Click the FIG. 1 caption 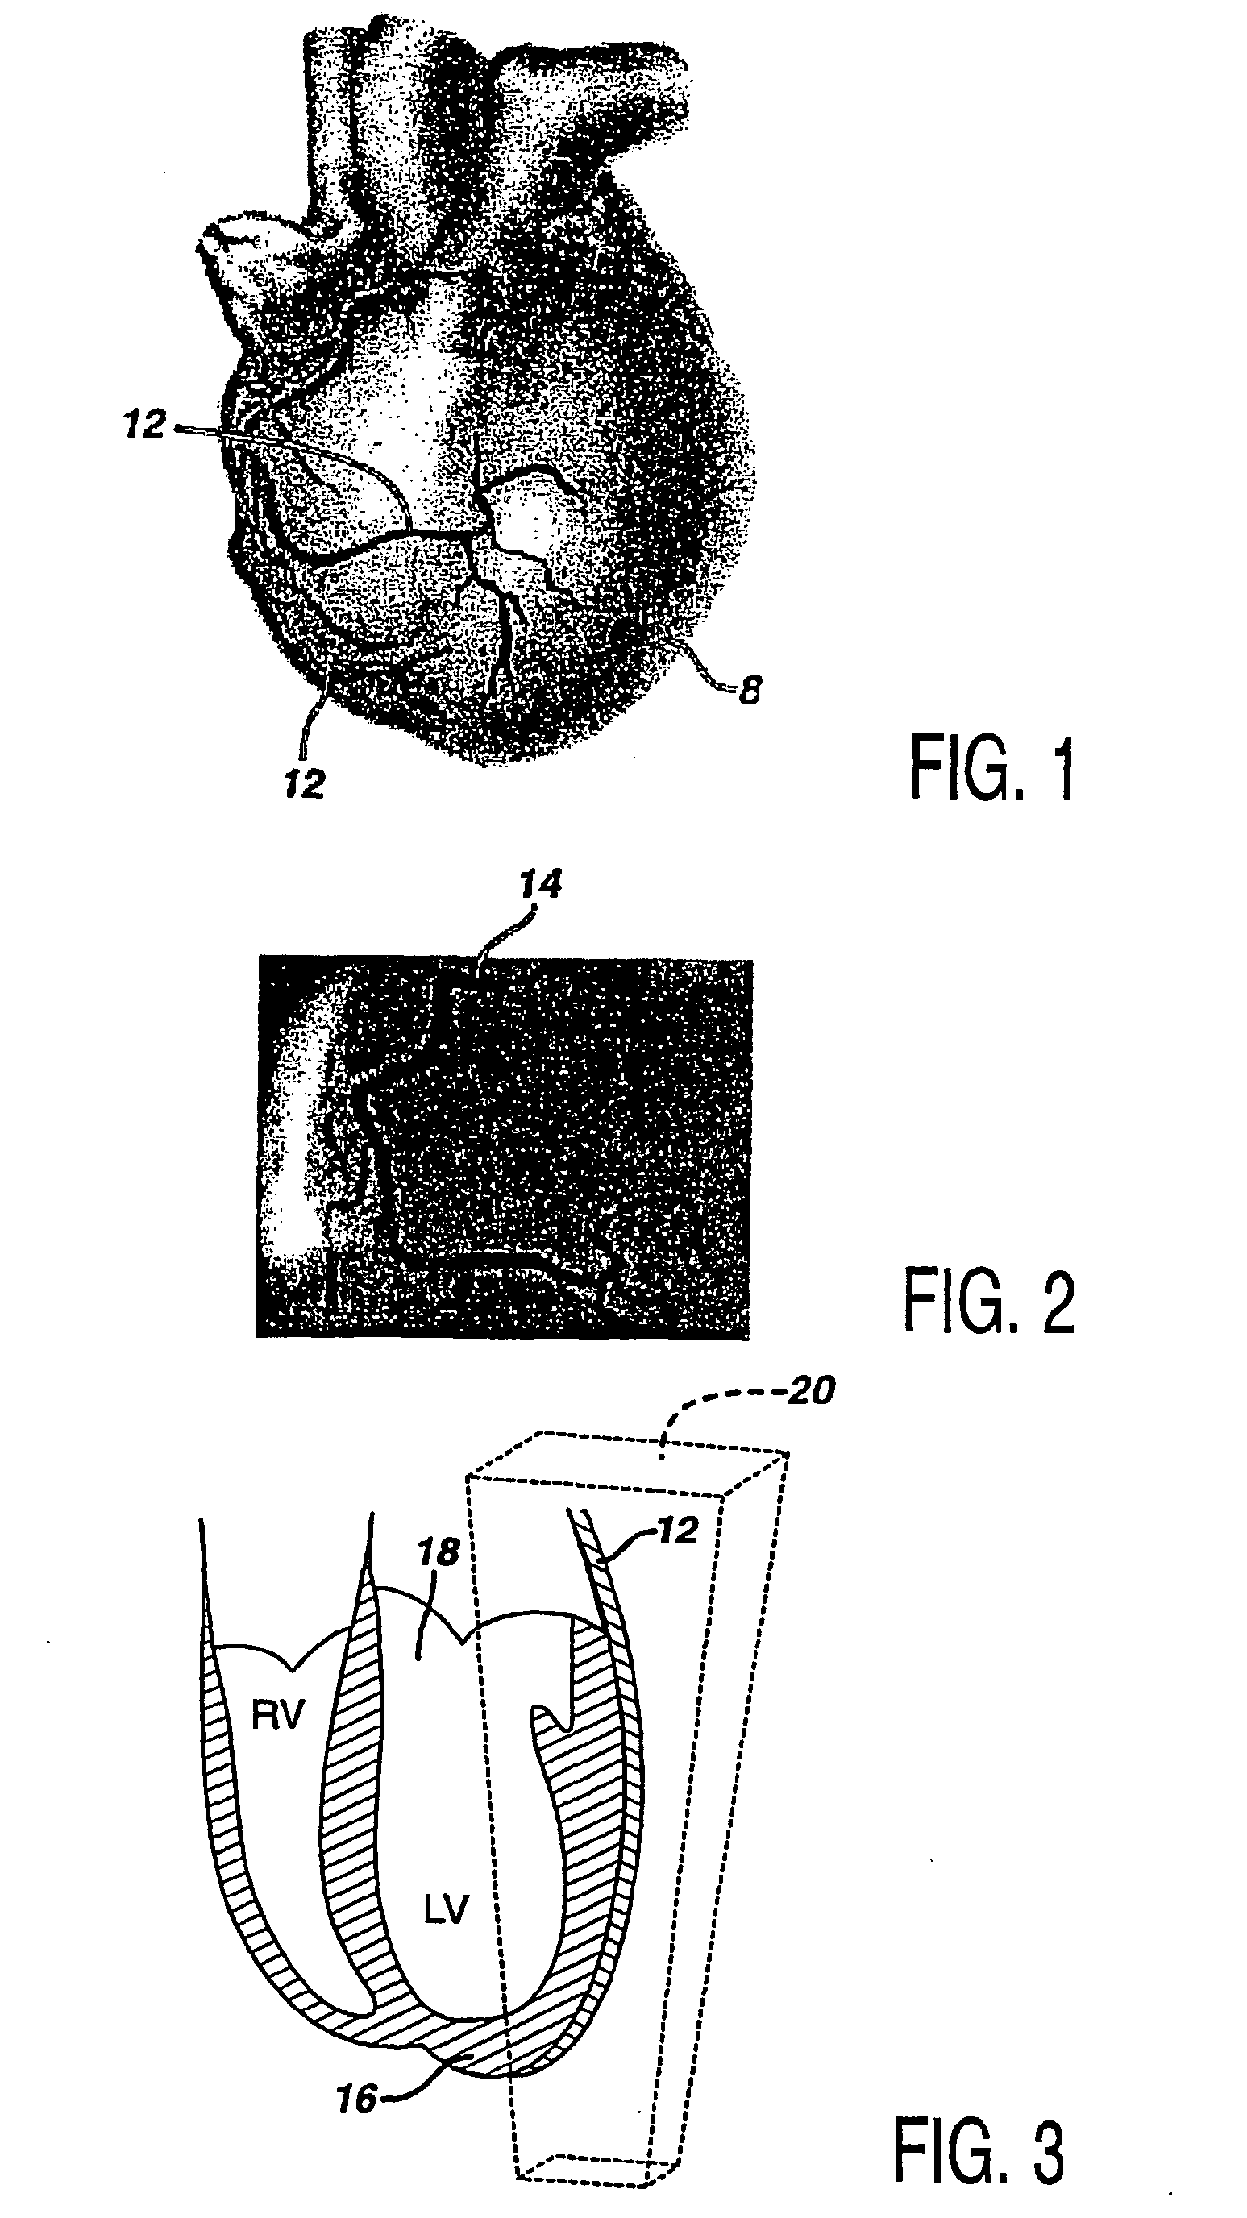click(992, 770)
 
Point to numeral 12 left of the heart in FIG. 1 click(143, 424)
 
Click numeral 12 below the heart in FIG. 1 click(304, 783)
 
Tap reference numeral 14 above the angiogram click(540, 884)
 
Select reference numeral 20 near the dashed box click(809, 1391)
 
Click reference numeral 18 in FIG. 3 click(438, 1552)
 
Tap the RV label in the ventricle click(278, 1714)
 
